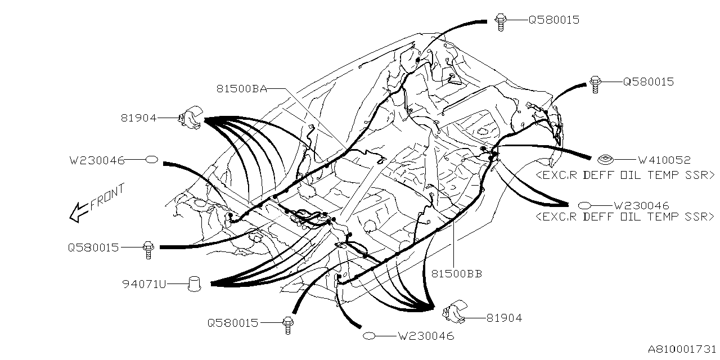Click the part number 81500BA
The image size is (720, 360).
(241, 88)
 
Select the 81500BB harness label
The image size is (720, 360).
(456, 274)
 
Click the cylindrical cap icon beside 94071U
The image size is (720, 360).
(194, 283)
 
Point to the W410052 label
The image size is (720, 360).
(664, 160)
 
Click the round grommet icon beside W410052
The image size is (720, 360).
(605, 160)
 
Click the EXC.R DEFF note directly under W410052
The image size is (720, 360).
(625, 175)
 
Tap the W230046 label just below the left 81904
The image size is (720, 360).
(97, 160)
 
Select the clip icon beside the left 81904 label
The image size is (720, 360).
(190, 118)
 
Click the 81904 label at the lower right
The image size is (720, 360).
(504, 318)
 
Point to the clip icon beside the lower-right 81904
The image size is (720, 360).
(454, 314)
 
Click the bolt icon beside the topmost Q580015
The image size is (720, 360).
(501, 20)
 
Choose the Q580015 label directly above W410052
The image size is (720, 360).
(648, 82)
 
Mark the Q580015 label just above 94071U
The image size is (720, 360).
(93, 247)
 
